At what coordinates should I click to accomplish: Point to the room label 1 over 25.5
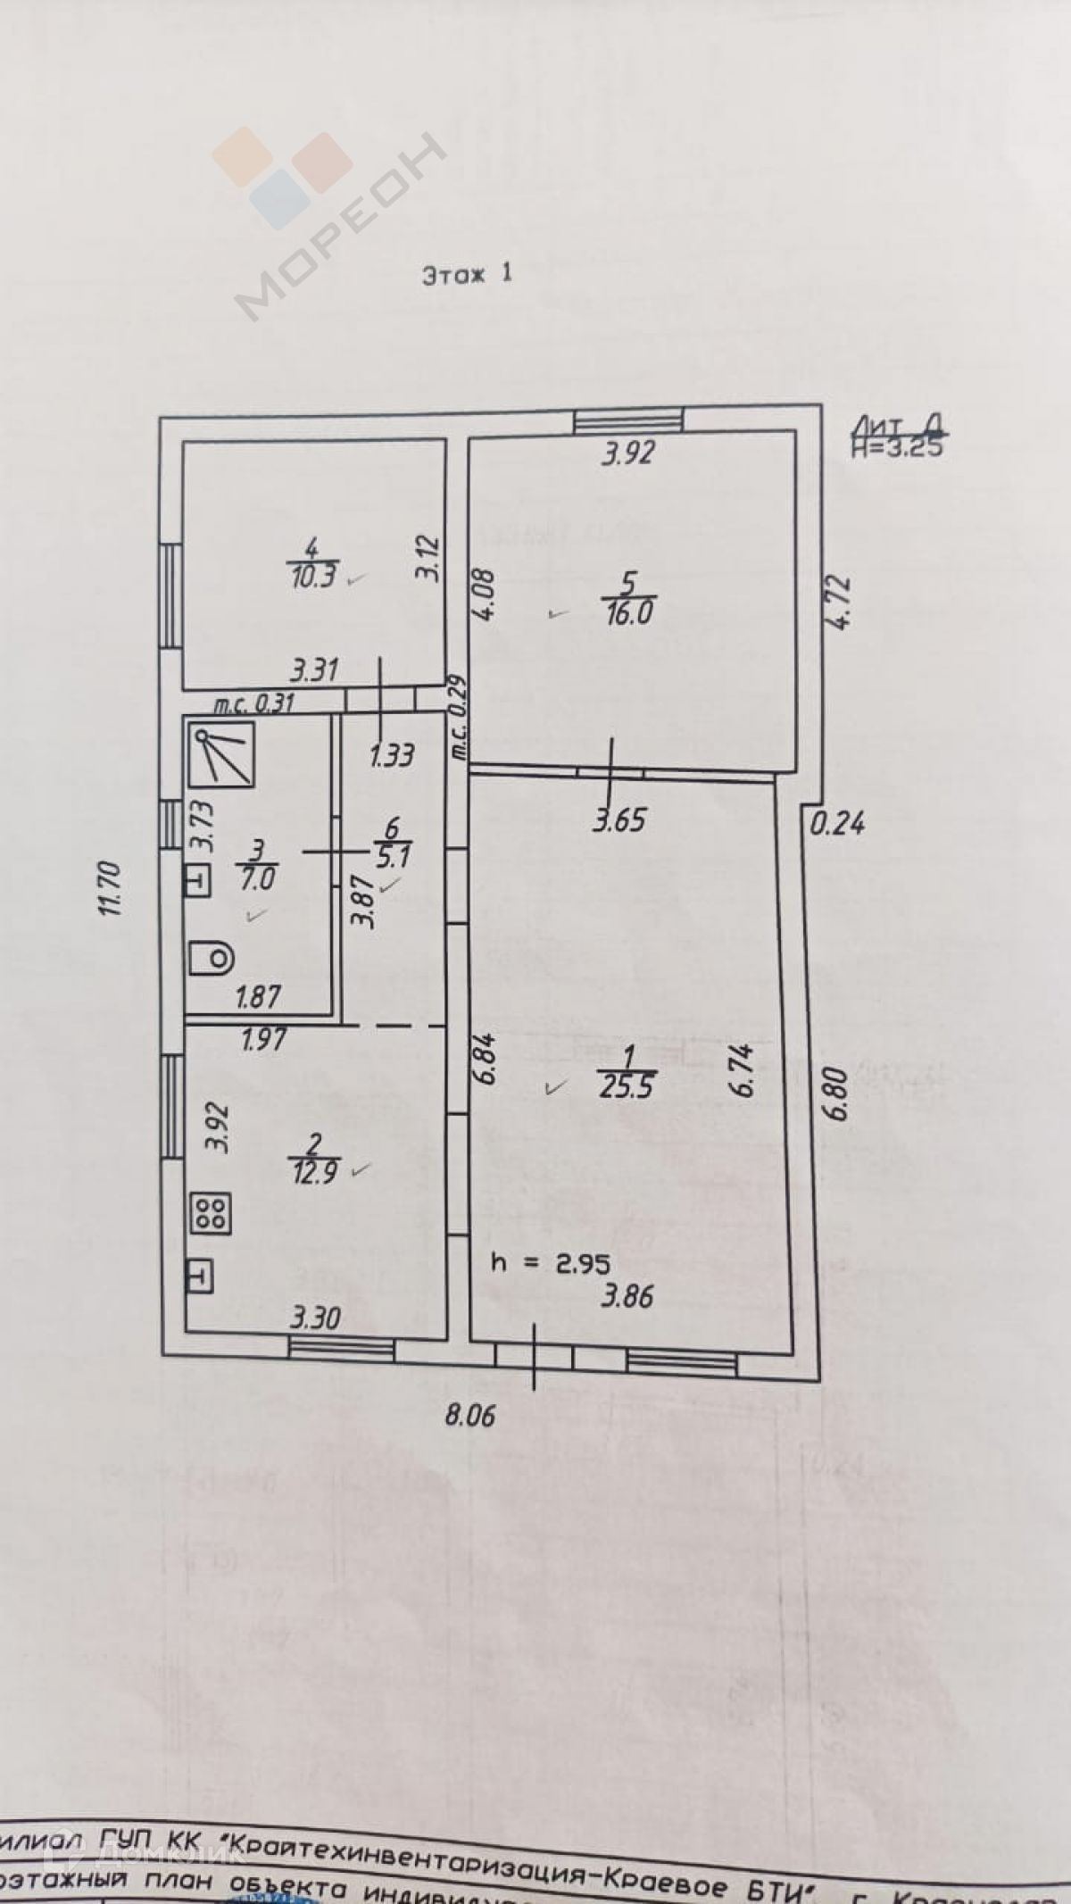(x=628, y=1072)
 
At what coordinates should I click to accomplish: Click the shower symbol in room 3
(x=222, y=755)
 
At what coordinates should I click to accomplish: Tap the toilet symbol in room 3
(x=212, y=960)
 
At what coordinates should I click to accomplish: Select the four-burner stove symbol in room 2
(x=212, y=1212)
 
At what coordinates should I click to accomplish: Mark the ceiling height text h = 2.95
(x=550, y=1264)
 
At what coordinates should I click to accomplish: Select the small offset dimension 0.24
(x=836, y=822)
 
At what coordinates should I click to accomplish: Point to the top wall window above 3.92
(x=628, y=420)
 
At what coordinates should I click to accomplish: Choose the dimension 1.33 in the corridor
(x=392, y=756)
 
